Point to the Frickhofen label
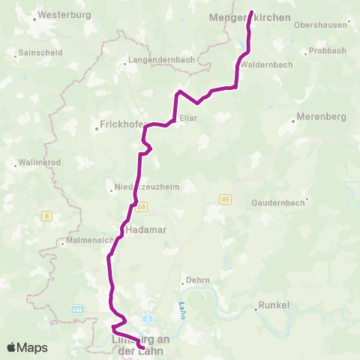(120, 124)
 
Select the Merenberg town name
(319, 118)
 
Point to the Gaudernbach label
(277, 202)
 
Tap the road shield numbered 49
(224, 199)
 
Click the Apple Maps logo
(27, 347)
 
